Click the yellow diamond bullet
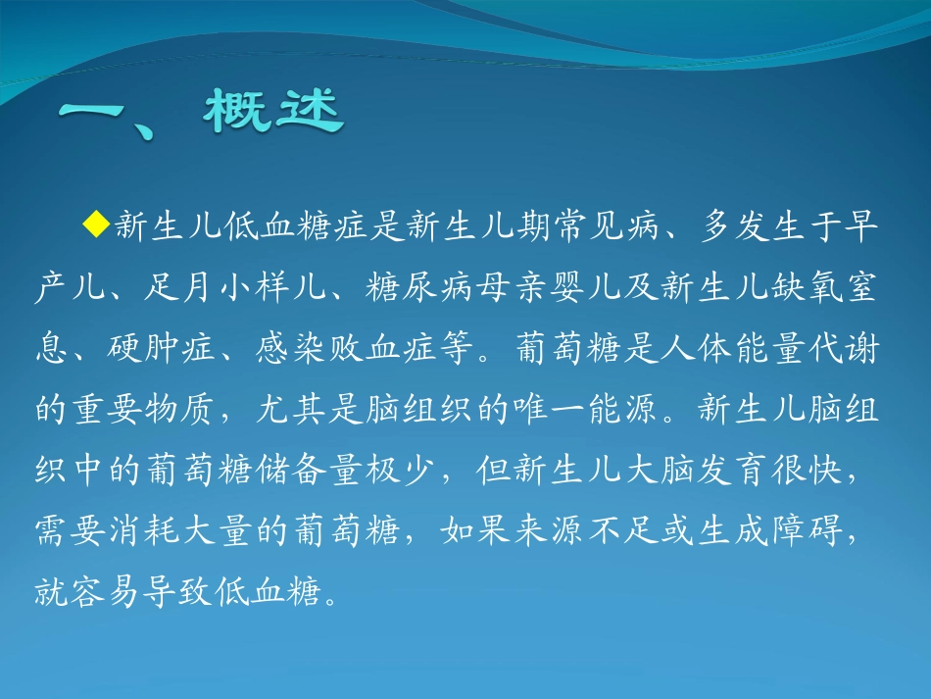click(95, 225)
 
